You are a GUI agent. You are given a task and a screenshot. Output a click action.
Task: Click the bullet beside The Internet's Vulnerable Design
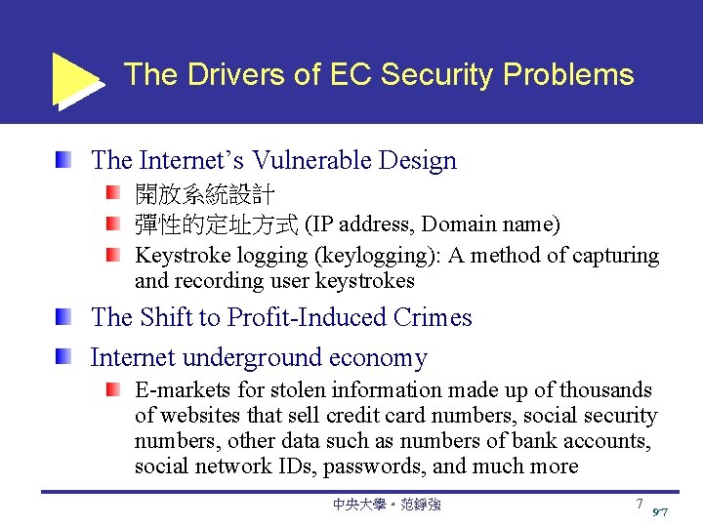click(62, 158)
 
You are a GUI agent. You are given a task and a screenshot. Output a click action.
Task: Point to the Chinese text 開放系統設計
click(204, 195)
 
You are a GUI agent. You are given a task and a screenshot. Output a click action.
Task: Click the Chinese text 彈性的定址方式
click(216, 225)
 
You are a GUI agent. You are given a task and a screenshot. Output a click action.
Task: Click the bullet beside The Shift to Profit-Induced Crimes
click(62, 316)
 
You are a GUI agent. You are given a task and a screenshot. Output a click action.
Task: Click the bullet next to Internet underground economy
click(62, 356)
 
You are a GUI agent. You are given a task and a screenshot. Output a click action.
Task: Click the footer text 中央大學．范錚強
click(386, 505)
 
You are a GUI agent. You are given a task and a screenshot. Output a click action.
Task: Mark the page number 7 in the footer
click(640, 504)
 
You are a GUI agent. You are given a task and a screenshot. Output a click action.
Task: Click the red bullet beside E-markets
click(114, 389)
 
